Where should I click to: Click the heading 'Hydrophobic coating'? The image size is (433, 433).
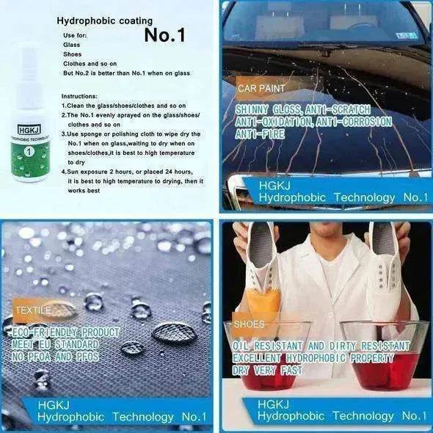coord(104,21)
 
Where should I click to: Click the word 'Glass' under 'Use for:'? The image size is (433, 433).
coord(72,44)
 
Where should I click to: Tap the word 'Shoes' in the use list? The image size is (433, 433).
coord(73,54)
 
